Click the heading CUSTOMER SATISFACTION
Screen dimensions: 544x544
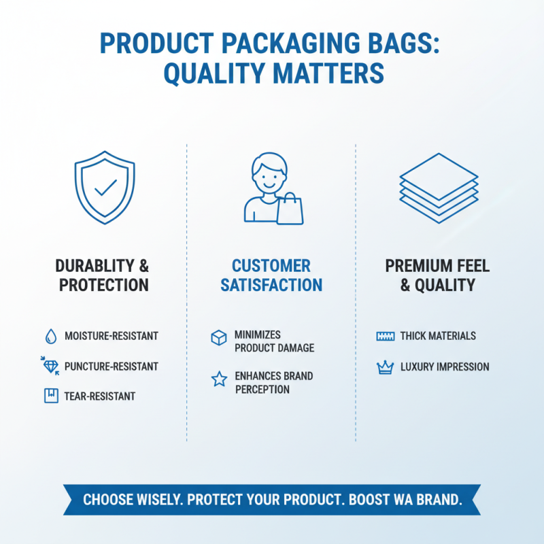271,275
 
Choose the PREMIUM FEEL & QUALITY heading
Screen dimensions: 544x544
437,275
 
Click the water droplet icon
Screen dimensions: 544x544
51,336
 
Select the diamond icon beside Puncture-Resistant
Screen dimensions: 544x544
50,366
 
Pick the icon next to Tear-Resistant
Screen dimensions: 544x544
51,395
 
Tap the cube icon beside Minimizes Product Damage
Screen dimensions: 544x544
218,338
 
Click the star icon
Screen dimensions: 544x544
219,379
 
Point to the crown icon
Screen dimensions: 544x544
386,368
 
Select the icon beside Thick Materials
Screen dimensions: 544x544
386,336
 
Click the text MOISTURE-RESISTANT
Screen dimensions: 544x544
111,336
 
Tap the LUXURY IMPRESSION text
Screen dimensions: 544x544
445,367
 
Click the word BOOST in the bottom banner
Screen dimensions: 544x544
371,500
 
